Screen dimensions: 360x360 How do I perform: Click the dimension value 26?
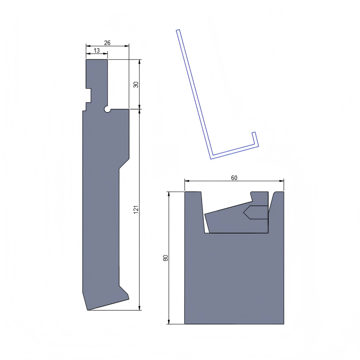(107, 43)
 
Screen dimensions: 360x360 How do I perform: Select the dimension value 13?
(97, 51)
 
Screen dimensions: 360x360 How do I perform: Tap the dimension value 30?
(135, 84)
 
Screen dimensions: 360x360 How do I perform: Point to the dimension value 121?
(135, 209)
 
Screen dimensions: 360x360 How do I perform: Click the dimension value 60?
(234, 178)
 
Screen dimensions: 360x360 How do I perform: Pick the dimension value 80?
(165, 258)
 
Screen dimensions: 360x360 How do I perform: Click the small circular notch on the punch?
(108, 109)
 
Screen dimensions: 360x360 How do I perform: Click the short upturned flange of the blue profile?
(255, 139)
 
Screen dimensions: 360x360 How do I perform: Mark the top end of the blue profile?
(178, 31)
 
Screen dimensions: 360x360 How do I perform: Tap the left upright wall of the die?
(194, 211)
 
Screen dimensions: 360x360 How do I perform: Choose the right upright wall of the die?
(276, 211)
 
